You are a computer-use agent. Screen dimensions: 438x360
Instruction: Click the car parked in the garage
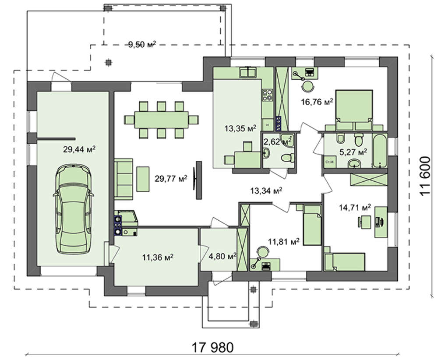click(74, 209)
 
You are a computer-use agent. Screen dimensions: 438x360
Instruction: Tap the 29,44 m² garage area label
click(79, 149)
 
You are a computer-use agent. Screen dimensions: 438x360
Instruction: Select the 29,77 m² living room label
click(171, 178)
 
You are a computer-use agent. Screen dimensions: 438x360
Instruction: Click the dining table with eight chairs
click(162, 120)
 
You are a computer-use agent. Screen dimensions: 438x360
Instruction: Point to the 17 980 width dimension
click(212, 348)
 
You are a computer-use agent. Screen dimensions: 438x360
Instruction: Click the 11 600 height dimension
click(425, 176)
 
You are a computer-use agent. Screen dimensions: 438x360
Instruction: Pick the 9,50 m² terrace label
click(142, 44)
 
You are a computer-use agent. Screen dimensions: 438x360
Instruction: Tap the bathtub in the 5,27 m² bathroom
click(380, 151)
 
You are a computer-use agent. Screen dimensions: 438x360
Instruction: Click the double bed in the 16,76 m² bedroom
click(354, 110)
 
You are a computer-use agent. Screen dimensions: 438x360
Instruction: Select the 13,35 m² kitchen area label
click(240, 128)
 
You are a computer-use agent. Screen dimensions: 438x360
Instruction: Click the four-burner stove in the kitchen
click(267, 95)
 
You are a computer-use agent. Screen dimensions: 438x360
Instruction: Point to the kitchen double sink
click(248, 72)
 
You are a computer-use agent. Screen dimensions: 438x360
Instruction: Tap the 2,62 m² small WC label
click(278, 142)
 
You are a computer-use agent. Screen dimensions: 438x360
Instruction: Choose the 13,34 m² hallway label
click(266, 191)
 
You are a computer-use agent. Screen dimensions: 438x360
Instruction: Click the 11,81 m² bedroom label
click(284, 241)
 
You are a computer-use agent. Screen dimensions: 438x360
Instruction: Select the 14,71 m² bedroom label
click(355, 208)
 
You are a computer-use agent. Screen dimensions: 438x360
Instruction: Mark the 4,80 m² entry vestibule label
click(223, 256)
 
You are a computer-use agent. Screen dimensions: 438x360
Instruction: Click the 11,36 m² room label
click(158, 257)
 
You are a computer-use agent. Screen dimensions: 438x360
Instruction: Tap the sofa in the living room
click(124, 179)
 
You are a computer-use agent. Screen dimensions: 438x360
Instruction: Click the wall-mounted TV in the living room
click(198, 180)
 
